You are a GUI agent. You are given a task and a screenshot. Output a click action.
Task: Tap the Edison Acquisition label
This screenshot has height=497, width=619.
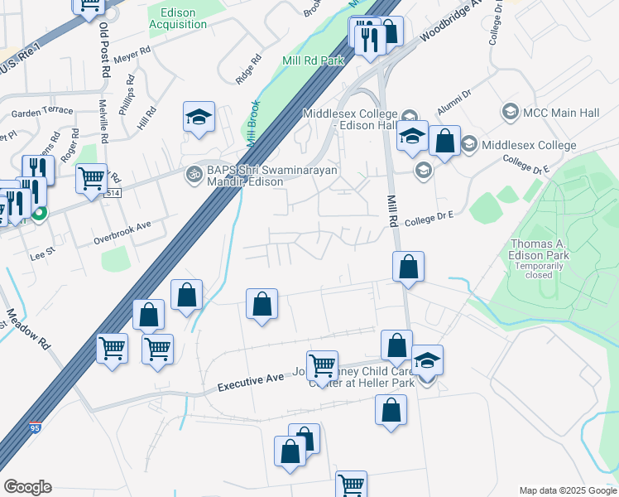point(178,18)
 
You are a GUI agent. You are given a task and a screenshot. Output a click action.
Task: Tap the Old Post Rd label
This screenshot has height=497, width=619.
point(105,50)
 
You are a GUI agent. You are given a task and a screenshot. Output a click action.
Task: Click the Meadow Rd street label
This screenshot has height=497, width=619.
point(25,329)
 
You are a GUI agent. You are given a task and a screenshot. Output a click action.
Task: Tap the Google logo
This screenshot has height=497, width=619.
point(27,487)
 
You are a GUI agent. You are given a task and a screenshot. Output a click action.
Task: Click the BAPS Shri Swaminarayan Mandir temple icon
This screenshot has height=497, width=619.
point(196,174)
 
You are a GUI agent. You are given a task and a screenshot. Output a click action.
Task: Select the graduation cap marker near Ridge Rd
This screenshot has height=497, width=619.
point(199,118)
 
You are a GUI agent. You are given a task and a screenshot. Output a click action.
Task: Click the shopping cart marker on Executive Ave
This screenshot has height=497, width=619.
point(322,364)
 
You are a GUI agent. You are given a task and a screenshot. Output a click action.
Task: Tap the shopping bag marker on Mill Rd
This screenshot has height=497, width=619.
point(408,267)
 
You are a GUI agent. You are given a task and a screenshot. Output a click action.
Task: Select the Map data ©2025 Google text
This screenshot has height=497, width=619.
point(567,490)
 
